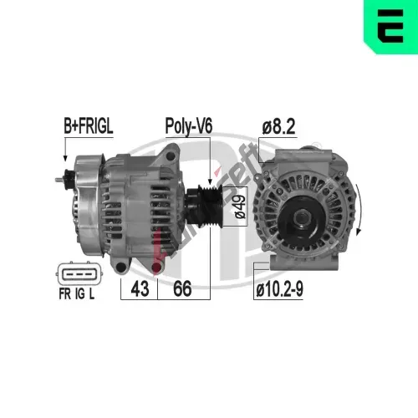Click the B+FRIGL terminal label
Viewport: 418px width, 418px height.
click(x=89, y=126)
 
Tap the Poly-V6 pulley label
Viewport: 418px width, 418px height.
click(x=189, y=126)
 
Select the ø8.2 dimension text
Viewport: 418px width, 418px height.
click(x=278, y=127)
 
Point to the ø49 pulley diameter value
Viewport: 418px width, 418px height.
click(x=240, y=206)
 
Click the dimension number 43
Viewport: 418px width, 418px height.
click(x=140, y=288)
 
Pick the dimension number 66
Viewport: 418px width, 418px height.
click(x=182, y=288)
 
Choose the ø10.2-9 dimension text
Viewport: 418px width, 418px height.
click(x=279, y=289)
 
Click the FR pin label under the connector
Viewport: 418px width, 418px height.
click(x=65, y=293)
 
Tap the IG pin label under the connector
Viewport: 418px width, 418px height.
click(x=79, y=293)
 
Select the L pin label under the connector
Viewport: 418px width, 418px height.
click(x=92, y=293)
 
